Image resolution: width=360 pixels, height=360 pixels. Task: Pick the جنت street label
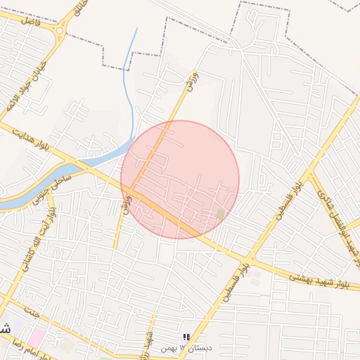pyautogui.click(x=28, y=310)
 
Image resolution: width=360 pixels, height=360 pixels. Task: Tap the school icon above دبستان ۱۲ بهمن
pyautogui.click(x=186, y=337)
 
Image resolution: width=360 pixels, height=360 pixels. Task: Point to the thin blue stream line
pyautogui.click(x=130, y=84)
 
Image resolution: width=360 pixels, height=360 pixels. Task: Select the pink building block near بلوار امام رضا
pyautogui.click(x=36, y=337)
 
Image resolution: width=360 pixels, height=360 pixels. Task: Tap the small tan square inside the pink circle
pyautogui.click(x=221, y=214)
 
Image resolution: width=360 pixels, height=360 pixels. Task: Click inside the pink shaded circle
pyautogui.click(x=180, y=180)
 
